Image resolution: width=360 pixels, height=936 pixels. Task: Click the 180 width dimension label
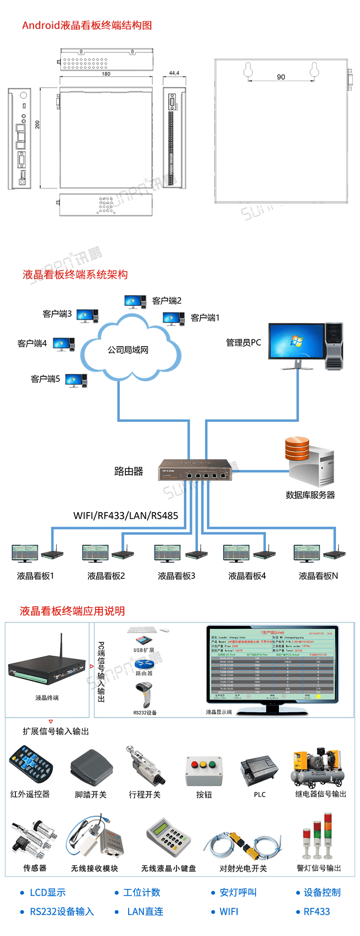(106, 74)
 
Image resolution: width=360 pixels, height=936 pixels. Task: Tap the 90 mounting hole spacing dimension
(281, 77)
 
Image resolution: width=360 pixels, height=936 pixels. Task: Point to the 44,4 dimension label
(174, 73)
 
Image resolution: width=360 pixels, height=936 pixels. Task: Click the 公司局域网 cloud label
(128, 350)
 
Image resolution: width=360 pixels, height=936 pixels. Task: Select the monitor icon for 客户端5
(73, 380)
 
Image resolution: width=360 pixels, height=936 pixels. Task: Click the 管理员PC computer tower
(334, 346)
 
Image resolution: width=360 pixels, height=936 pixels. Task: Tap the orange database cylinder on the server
(297, 448)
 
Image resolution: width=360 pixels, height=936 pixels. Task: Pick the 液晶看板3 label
(177, 576)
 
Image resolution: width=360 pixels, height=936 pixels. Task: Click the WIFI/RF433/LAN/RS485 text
(126, 516)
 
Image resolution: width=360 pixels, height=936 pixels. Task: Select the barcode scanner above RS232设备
(143, 694)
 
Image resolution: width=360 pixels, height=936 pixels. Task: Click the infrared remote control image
(30, 764)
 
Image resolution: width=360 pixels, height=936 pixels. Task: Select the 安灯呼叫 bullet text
(238, 892)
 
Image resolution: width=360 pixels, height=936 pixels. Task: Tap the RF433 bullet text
(317, 912)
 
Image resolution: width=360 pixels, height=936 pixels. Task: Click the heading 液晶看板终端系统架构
(75, 275)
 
